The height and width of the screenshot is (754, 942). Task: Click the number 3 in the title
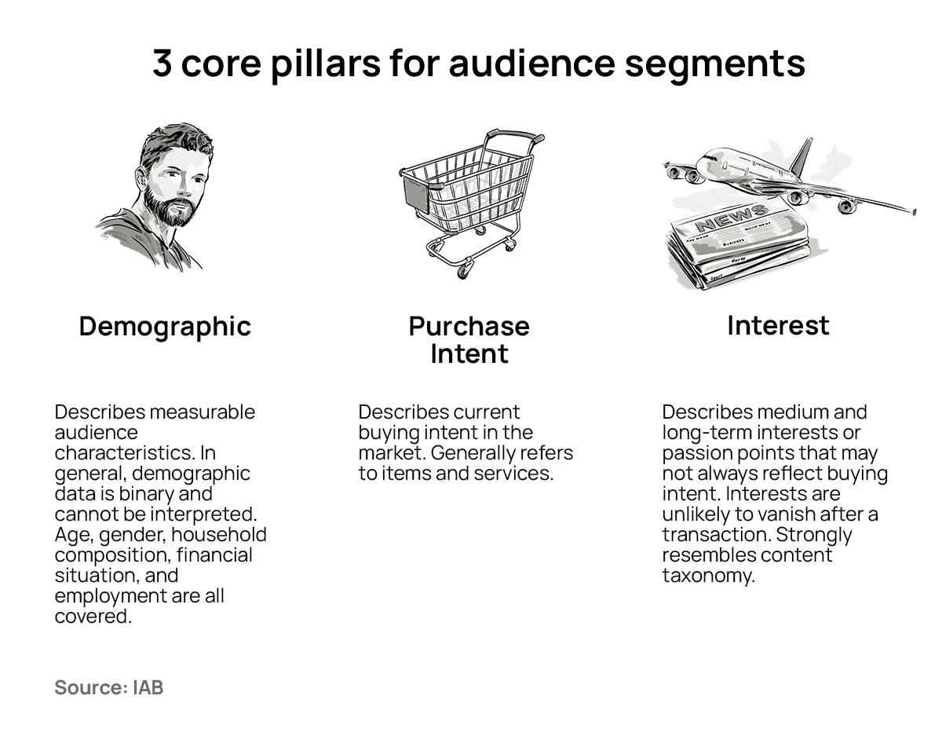click(161, 63)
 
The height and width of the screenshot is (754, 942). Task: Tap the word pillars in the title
click(326, 65)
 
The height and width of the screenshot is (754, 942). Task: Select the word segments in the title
click(714, 67)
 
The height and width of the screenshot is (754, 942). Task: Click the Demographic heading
click(165, 327)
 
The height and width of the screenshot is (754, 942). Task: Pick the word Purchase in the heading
click(469, 326)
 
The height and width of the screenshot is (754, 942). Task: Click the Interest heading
click(778, 325)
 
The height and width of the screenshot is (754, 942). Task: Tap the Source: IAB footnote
click(108, 687)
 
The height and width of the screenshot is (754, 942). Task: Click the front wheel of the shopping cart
click(462, 270)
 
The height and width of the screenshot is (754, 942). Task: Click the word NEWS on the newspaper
click(732, 218)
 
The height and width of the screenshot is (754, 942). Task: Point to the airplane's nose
click(699, 162)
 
